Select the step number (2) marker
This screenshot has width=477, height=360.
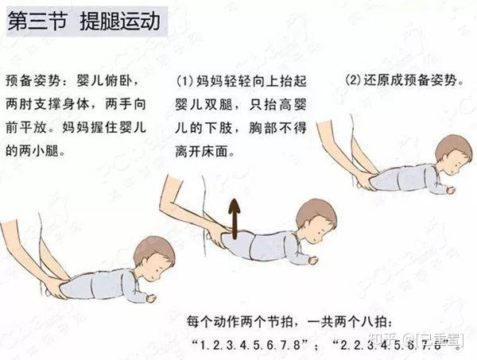(354, 80)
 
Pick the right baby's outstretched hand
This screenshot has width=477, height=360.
(451, 190)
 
